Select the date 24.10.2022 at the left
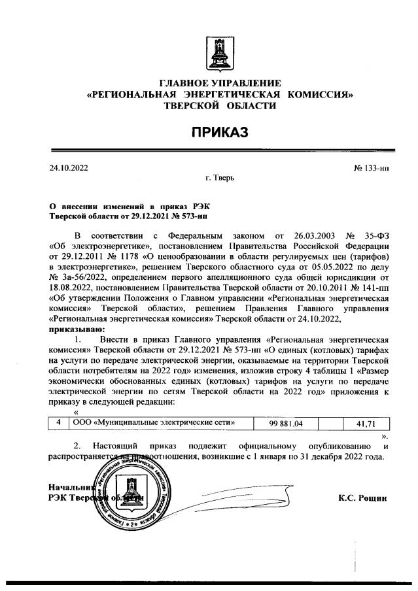coord(68,167)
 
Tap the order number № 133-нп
coord(371,167)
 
